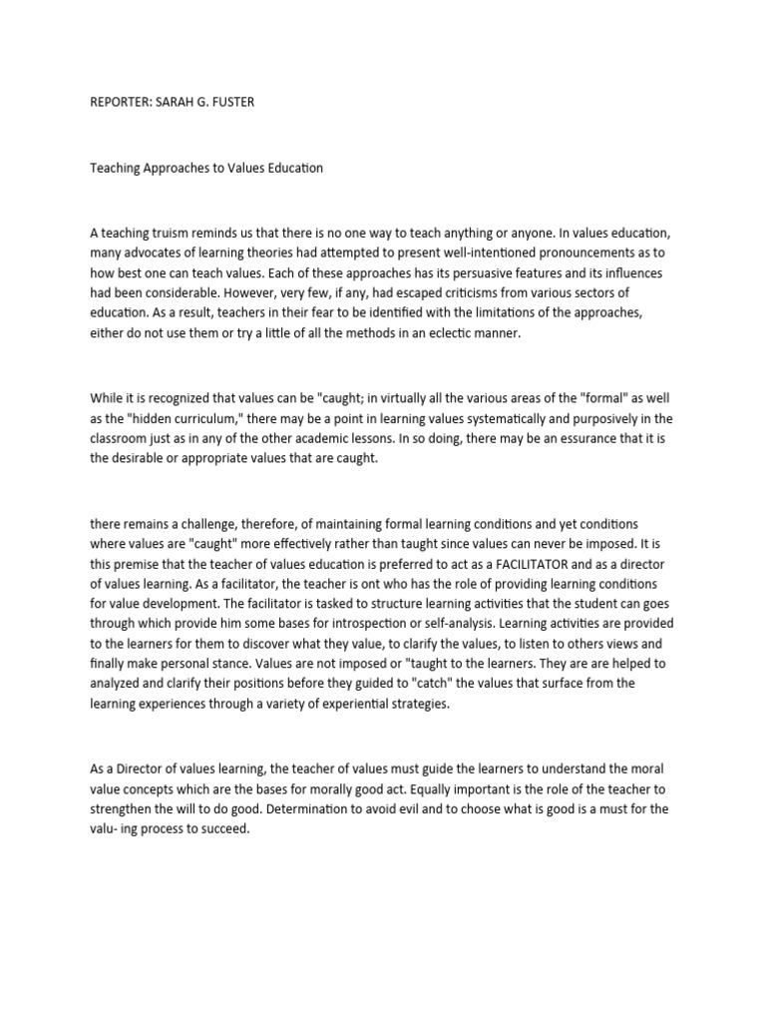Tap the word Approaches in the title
[x=168, y=168]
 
